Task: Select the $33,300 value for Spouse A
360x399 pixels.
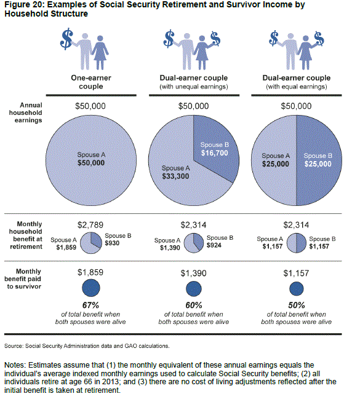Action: (175, 176)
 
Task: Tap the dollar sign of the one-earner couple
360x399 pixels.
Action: (66, 39)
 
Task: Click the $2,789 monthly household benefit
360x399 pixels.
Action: (90, 225)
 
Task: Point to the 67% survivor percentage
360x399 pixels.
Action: (90, 305)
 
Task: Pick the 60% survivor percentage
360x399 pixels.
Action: (194, 305)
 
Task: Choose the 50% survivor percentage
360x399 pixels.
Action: (297, 305)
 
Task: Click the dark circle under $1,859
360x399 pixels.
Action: (91, 288)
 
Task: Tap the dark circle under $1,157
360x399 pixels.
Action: (297, 289)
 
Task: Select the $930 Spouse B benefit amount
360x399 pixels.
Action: (112, 243)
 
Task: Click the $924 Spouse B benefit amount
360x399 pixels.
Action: (214, 245)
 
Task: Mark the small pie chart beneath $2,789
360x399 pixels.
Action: (90, 243)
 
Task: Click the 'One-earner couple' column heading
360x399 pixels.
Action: (91, 82)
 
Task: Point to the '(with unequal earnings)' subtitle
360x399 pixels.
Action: (194, 87)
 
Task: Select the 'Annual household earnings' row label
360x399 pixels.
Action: (25, 113)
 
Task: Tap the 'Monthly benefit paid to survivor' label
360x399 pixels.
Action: (23, 279)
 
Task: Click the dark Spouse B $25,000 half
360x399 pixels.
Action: (319, 160)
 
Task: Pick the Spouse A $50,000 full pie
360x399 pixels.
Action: (91, 160)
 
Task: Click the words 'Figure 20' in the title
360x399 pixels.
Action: (21, 5)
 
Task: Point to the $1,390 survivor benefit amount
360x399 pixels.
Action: (194, 273)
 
